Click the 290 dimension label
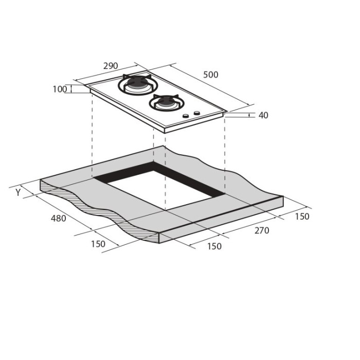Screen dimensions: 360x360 (x=111, y=66)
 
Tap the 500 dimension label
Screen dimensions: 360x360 (x=211, y=75)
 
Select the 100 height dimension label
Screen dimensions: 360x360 (x=60, y=89)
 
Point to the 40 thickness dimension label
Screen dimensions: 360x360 (x=263, y=115)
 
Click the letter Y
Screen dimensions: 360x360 (x=19, y=192)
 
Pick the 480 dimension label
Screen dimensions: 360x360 (x=58, y=219)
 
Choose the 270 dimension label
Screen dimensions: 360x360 (x=262, y=230)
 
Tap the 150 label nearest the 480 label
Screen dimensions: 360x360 (x=98, y=244)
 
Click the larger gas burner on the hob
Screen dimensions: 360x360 (x=138, y=84)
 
